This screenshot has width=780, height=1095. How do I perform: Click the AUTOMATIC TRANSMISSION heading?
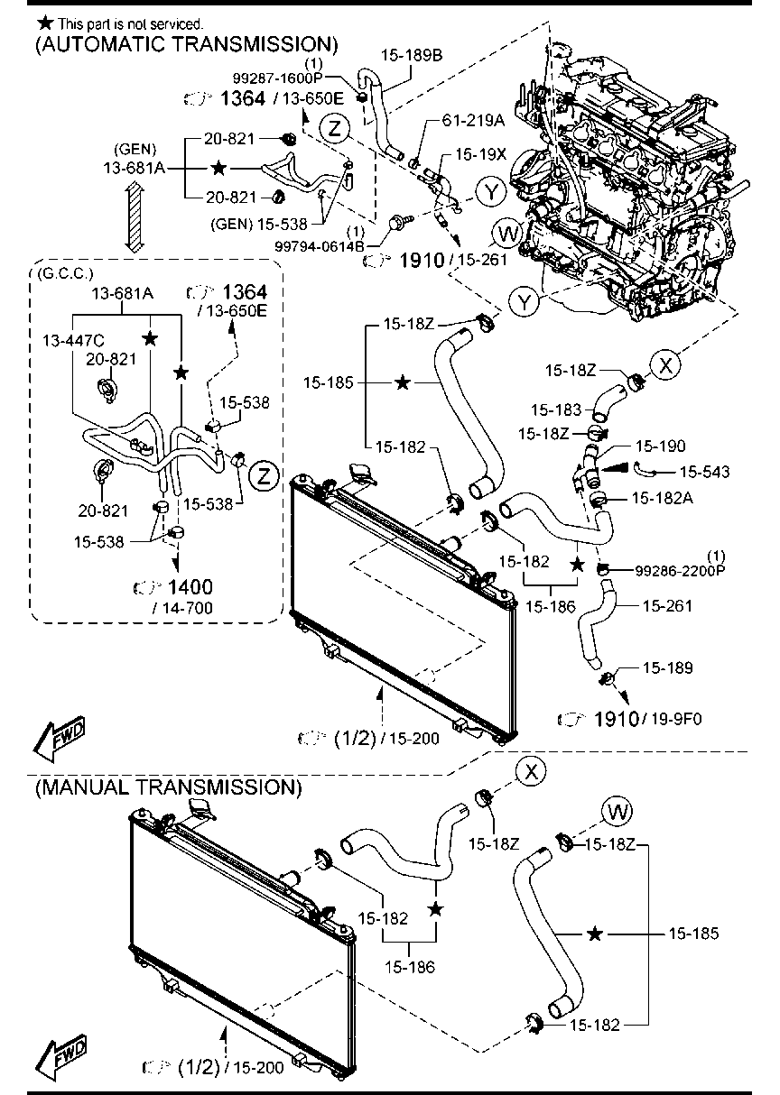tap(186, 43)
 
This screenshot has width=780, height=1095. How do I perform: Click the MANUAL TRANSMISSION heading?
tap(167, 787)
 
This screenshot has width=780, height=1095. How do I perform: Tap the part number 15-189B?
tap(413, 55)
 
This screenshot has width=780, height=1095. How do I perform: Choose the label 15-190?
tap(660, 446)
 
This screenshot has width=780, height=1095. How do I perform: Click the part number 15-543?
tap(704, 471)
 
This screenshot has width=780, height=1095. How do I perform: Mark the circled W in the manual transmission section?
tap(618, 812)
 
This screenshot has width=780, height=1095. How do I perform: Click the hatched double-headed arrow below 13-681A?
tap(134, 216)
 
